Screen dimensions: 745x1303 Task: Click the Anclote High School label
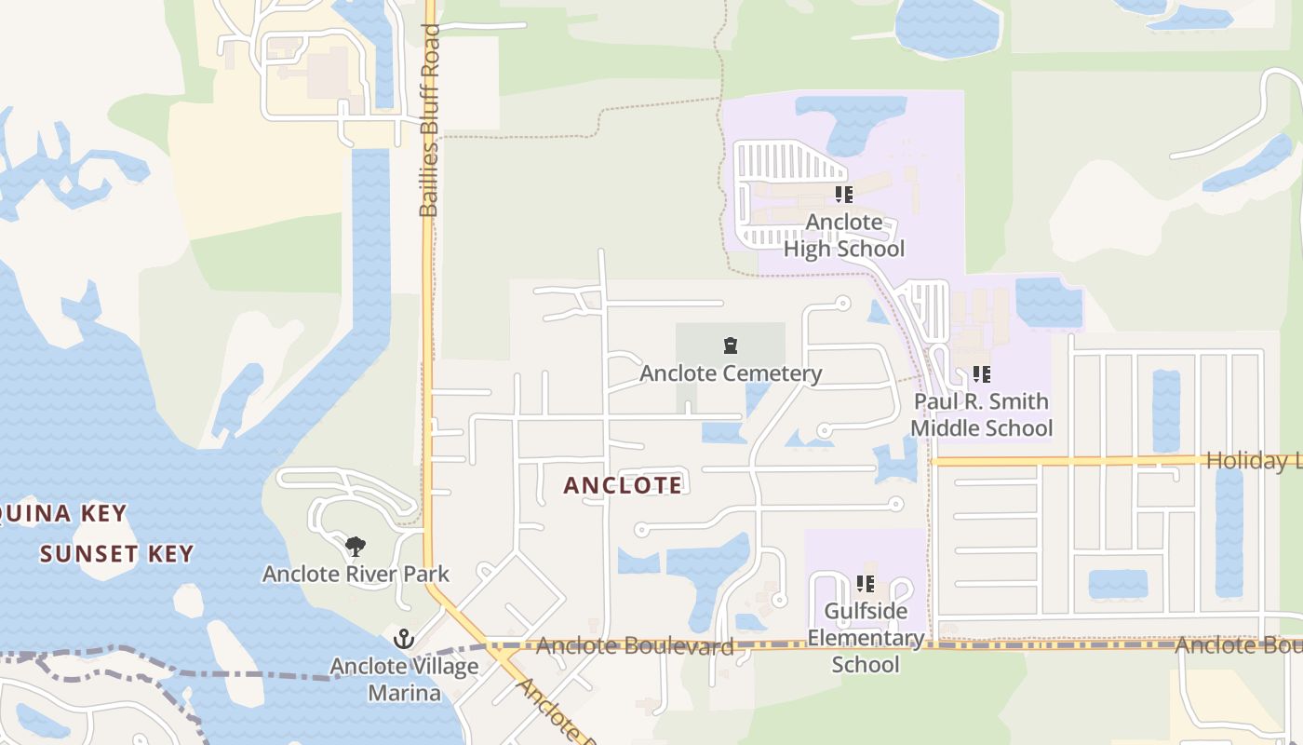(x=843, y=236)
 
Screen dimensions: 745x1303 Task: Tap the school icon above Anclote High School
(x=843, y=195)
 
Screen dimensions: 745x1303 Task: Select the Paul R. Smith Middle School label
(x=981, y=414)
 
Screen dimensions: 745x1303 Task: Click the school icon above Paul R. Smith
(x=981, y=374)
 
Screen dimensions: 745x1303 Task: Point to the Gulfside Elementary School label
(x=866, y=638)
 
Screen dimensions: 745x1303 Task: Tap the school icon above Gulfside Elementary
(x=866, y=584)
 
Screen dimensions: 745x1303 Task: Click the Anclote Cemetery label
(x=731, y=373)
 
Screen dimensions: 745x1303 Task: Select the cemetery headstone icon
(x=731, y=346)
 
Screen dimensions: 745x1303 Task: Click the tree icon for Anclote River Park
(x=355, y=547)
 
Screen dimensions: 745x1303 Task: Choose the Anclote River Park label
(x=356, y=574)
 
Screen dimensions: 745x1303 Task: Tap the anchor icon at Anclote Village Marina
(x=404, y=639)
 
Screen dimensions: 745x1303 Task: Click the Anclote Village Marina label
(x=404, y=679)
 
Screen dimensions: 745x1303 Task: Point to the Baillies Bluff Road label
(x=429, y=121)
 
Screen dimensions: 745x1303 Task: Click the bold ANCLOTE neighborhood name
(x=623, y=485)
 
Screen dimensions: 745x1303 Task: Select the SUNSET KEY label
(x=116, y=554)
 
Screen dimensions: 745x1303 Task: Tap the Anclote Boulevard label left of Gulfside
(x=635, y=645)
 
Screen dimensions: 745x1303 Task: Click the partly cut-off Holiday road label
(x=1253, y=460)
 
